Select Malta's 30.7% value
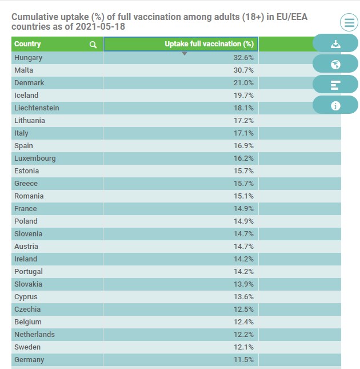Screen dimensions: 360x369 [243, 70]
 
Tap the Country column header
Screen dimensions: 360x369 [27, 44]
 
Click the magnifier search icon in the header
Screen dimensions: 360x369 [93, 45]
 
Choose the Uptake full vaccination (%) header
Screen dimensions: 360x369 [209, 44]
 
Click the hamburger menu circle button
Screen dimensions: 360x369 [349, 22]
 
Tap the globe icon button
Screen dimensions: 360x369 [335, 64]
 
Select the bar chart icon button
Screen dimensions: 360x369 [335, 85]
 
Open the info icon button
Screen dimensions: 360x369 [335, 105]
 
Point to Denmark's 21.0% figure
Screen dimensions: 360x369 [243, 83]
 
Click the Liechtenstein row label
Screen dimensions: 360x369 [37, 108]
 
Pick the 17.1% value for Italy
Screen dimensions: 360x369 [243, 133]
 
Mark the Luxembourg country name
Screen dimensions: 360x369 [35, 158]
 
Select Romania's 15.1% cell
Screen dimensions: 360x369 [243, 196]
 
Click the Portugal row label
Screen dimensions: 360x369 [29, 272]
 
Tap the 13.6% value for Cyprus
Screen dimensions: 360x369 [243, 297]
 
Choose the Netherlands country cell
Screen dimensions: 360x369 [34, 335]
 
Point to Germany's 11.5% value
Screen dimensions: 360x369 [243, 360]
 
